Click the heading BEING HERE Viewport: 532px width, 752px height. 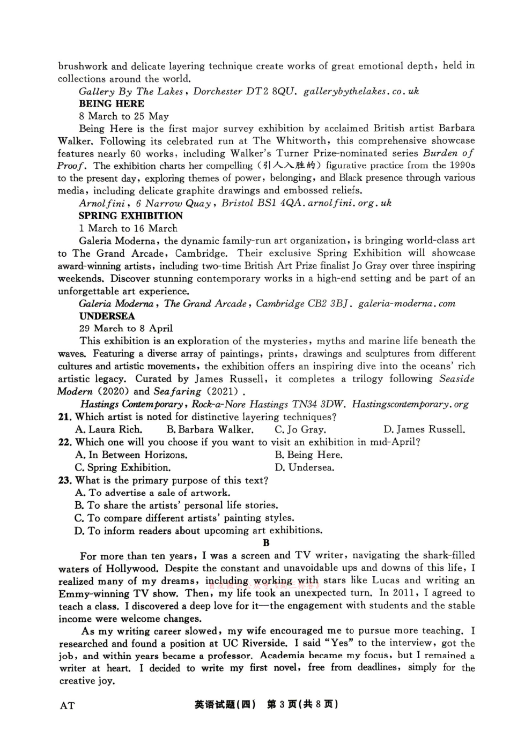pos(112,104)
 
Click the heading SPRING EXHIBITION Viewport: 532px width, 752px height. pos(131,215)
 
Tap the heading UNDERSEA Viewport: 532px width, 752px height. pos(107,316)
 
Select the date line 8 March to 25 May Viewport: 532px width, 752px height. pos(124,116)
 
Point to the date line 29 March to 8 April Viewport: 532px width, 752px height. pos(126,328)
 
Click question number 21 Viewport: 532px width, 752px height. pos(65,417)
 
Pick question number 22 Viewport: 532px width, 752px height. pos(65,442)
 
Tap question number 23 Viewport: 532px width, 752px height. pos(65,480)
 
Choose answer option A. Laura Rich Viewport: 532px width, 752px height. pos(109,429)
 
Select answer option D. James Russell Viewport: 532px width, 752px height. pos(424,429)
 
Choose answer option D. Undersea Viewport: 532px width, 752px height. pos(305,467)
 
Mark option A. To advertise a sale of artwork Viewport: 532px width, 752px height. pos(153,493)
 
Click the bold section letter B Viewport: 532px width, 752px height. pos(266,543)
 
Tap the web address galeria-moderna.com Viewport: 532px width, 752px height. pos(407,303)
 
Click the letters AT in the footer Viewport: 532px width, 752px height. pos(67,705)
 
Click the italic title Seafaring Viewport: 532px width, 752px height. pos(177,391)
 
